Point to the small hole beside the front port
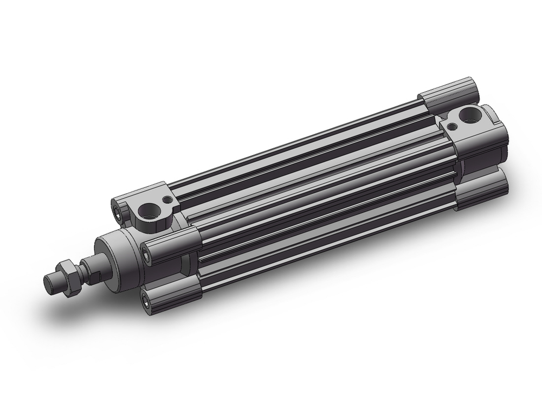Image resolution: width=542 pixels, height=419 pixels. point(164,200)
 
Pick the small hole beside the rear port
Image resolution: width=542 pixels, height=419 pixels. point(451,127)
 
